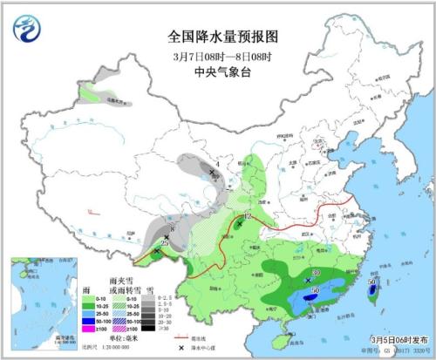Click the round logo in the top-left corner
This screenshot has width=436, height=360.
pos(27,30)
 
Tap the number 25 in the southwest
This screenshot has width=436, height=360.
pos(164,241)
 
